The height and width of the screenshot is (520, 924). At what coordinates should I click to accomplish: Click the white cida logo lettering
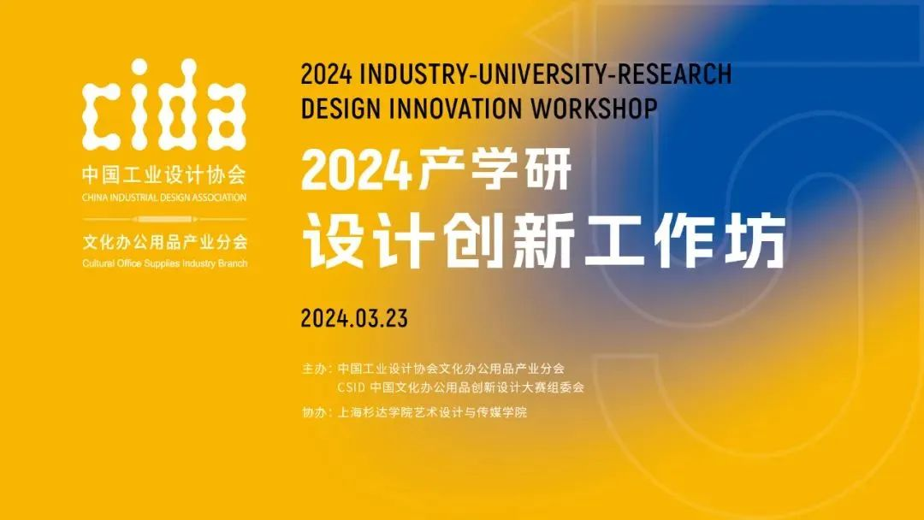pyautogui.click(x=163, y=103)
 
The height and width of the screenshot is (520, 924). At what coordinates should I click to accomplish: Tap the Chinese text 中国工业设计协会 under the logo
pyautogui.click(x=163, y=174)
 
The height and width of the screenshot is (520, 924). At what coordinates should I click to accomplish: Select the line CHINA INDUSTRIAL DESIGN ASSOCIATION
pyautogui.click(x=163, y=198)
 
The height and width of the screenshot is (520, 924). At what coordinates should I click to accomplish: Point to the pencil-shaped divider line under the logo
pyautogui.click(x=164, y=219)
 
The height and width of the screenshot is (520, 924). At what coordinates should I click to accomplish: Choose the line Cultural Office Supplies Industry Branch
pyautogui.click(x=165, y=263)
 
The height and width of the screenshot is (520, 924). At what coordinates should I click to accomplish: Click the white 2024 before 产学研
pyautogui.click(x=356, y=170)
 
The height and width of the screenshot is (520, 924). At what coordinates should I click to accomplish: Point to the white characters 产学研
pyautogui.click(x=495, y=169)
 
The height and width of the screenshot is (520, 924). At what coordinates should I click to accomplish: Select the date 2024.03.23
pyautogui.click(x=354, y=319)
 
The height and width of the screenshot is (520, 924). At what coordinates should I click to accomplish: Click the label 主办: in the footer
pyautogui.click(x=317, y=369)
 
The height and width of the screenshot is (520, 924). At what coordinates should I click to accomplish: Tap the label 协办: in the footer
pyautogui.click(x=317, y=412)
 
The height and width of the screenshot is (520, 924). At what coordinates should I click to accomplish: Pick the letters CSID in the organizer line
pyautogui.click(x=352, y=387)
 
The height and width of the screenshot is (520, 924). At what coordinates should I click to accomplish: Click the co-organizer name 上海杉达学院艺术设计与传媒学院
pyautogui.click(x=432, y=412)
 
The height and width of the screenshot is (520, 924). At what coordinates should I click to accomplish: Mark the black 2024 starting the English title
pyautogui.click(x=327, y=74)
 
